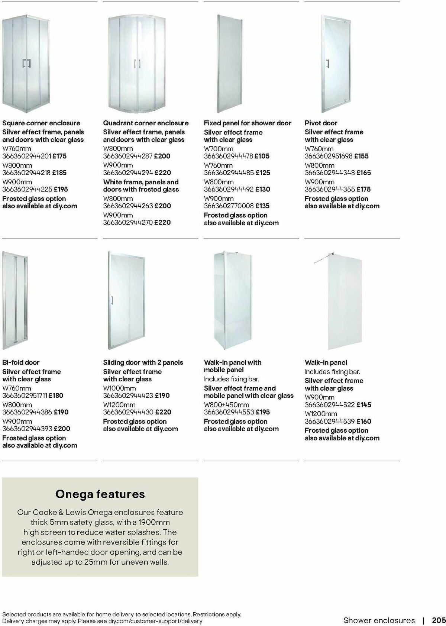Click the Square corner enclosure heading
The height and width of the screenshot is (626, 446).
point(41,123)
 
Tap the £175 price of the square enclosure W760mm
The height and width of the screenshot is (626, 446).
point(59,156)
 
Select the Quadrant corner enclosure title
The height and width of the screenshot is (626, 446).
point(146,123)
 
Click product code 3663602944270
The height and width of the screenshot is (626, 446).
point(128,222)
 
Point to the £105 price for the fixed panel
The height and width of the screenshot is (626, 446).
point(262,156)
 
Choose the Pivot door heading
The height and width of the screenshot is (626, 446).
point(321,123)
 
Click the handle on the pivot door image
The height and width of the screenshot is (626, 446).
point(327,64)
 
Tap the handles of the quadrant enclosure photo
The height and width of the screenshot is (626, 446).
point(137,64)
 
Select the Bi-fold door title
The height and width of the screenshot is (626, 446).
point(21,362)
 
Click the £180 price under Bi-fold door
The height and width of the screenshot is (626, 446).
point(56,396)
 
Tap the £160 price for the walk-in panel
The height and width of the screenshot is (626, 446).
point(364,421)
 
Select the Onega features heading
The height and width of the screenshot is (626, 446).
point(100,494)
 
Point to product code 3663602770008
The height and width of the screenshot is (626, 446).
point(229,206)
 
